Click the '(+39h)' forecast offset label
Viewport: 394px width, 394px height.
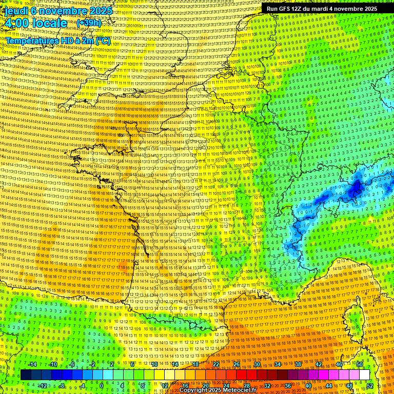pos(89,23)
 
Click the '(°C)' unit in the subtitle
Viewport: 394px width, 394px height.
pos(103,40)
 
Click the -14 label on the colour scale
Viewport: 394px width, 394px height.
pos(33,364)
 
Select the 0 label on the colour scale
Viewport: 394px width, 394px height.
pos(102,385)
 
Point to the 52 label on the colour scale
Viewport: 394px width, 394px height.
pos(370,385)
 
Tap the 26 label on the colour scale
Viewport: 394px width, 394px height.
pos(237,364)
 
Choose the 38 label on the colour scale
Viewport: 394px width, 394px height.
pos(298,364)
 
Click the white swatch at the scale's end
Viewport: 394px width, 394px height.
pos(364,375)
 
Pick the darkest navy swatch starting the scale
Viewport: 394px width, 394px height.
pos(26,375)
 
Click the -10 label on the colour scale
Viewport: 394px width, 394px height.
pos(53,364)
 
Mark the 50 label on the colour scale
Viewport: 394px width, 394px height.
pos(360,364)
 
